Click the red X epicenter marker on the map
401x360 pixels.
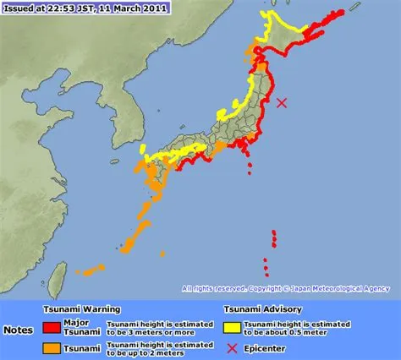click(283, 102)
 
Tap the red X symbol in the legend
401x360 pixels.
click(231, 347)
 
